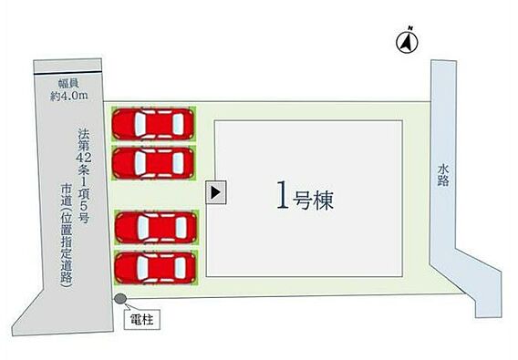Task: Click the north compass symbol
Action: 407,42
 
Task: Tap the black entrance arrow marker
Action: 215,192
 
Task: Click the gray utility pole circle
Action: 120,299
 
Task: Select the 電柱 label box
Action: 142,319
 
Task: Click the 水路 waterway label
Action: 443,175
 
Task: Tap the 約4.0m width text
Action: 69,96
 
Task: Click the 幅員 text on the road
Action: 69,83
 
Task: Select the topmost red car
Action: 153,124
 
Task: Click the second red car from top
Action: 153,163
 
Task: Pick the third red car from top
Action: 156,228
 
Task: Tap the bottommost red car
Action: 155,268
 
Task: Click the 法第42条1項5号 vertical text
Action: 84,176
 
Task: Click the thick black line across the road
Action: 67,73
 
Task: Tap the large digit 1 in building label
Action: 283,195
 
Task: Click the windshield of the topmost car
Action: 140,124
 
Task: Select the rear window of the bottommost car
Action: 181,268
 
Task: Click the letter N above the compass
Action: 410,27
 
